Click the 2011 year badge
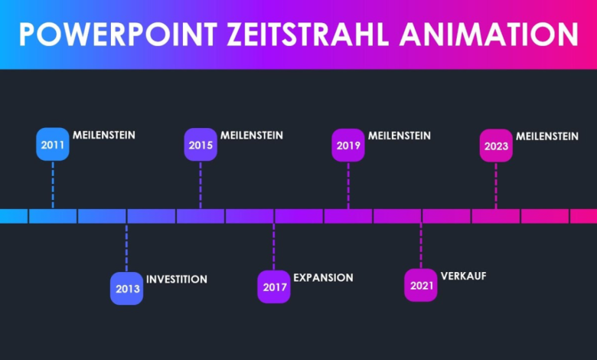coord(53,145)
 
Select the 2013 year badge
coord(126,289)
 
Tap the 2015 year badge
coord(201,145)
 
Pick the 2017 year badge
coord(274,287)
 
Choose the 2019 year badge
coord(348,145)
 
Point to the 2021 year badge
coord(421,286)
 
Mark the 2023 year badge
coord(496,146)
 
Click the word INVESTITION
coord(177,280)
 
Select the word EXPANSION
coord(323,278)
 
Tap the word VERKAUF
coord(464,276)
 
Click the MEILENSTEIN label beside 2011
coord(104,136)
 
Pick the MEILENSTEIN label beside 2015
coord(252,136)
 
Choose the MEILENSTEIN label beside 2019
coord(400,136)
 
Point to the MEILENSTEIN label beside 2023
coord(547,136)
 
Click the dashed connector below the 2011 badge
coord(53,184)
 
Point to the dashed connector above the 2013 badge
coord(126,247)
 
